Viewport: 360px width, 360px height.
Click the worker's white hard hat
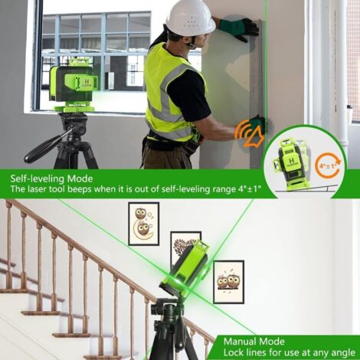pyautogui.click(x=191, y=17)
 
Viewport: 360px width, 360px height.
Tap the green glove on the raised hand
pyautogui.click(x=238, y=29)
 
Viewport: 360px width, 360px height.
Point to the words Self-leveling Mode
pyautogui.click(x=51, y=178)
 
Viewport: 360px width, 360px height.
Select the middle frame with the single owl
pyautogui.click(x=185, y=250)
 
